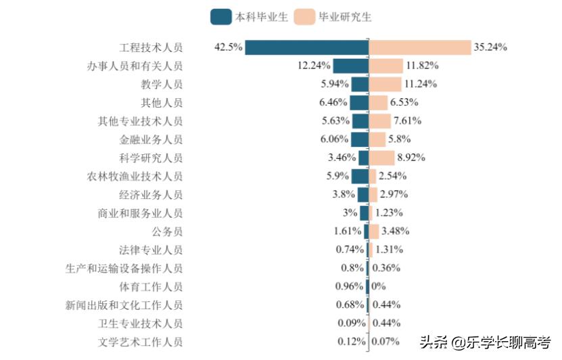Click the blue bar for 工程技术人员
[306, 47]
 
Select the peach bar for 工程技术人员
[420, 47]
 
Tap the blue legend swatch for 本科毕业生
[221, 16]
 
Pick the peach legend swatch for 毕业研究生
[305, 16]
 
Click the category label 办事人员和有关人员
[135, 66]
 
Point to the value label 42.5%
[228, 47]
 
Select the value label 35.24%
[490, 47]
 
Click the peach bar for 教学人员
[385, 84]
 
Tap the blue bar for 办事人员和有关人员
[350, 66]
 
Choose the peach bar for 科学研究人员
[382, 158]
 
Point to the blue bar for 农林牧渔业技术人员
[360, 176]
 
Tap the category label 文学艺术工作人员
[140, 342]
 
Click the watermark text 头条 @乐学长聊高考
[485, 342]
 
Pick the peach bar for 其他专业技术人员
[380, 121]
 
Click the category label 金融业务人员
[151, 139]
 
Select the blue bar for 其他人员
[359, 103]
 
